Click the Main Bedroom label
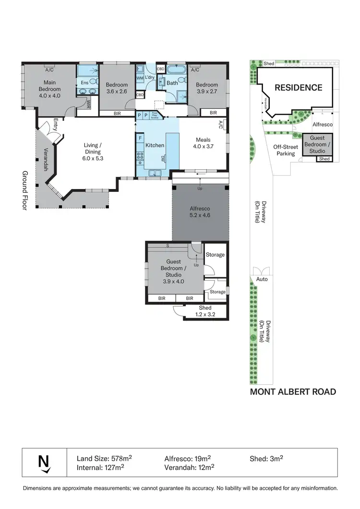click(x=49, y=89)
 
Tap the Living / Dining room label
click(x=93, y=148)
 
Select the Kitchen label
click(x=155, y=145)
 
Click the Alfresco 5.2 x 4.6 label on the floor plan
click(x=200, y=212)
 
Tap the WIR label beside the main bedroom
click(x=88, y=104)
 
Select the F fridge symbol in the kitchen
click(x=140, y=138)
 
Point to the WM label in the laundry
click(x=140, y=78)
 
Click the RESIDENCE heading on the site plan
click(x=298, y=87)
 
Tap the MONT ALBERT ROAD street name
click(x=293, y=392)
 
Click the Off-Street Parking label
click(x=287, y=150)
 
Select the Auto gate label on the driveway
click(x=262, y=279)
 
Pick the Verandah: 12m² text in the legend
click(x=189, y=466)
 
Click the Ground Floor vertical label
click(x=24, y=190)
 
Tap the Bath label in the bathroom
click(x=172, y=83)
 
